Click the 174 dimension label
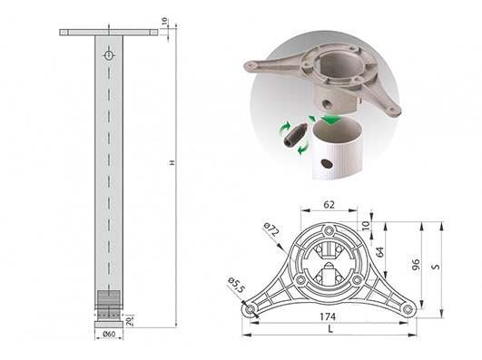click(328, 316)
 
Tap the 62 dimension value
click(329, 205)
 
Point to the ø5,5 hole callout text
click(236, 286)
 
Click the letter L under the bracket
click(330, 329)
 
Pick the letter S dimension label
click(436, 267)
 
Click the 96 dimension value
click(416, 265)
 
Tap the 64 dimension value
click(380, 252)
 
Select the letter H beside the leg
click(172, 162)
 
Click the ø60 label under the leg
click(109, 334)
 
